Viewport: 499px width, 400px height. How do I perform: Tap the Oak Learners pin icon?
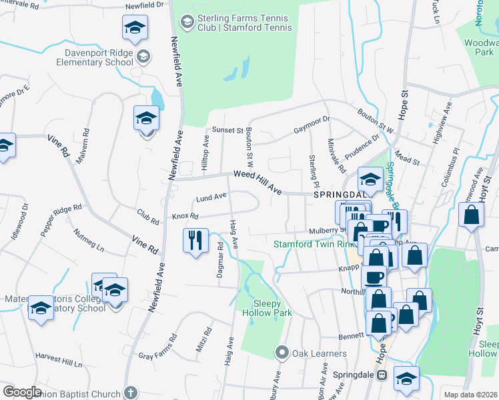coord(282,353)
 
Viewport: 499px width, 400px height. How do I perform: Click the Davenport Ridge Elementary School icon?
coord(142,56)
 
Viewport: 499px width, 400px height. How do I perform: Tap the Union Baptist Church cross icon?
coord(131,393)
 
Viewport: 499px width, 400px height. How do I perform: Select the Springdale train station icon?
coord(382,375)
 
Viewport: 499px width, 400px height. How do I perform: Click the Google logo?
coord(22,392)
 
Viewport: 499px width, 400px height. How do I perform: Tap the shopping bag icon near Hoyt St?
coord(472,216)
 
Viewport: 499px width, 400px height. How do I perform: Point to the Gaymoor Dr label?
coord(312,124)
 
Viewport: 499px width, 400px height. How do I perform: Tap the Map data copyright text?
coord(470,395)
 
